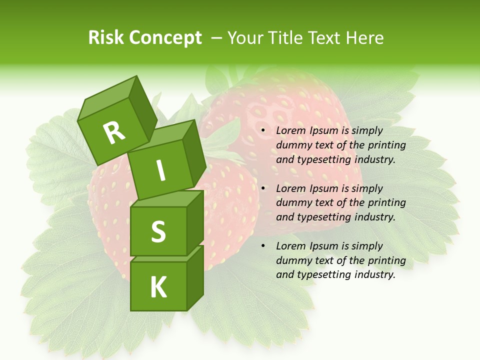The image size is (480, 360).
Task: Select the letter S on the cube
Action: (158, 232)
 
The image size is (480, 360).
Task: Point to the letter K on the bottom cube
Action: (158, 287)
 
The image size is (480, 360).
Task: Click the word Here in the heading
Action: (365, 38)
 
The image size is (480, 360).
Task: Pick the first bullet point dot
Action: (263, 131)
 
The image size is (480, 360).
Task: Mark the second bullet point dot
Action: (263, 189)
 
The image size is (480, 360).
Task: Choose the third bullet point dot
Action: (263, 246)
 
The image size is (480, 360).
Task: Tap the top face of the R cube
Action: (107, 100)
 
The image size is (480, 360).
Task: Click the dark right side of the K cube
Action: (195, 278)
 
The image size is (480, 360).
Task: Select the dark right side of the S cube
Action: (195, 222)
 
